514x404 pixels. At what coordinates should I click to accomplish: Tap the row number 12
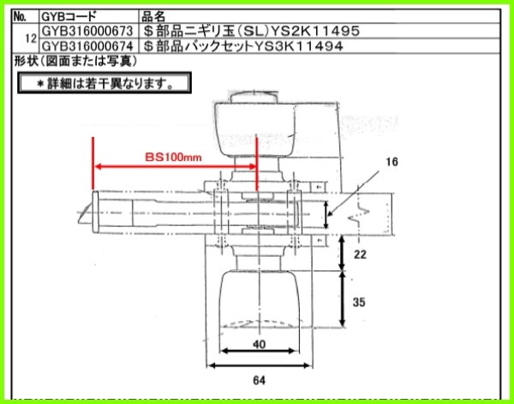pyautogui.click(x=31, y=39)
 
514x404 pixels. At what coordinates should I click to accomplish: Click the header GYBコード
pyautogui.click(x=69, y=16)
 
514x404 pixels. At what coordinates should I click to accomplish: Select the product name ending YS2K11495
pyautogui.click(x=248, y=31)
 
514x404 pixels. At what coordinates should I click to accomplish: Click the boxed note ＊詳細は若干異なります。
pyautogui.click(x=105, y=84)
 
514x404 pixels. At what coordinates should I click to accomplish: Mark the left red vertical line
pyautogui.click(x=91, y=171)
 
